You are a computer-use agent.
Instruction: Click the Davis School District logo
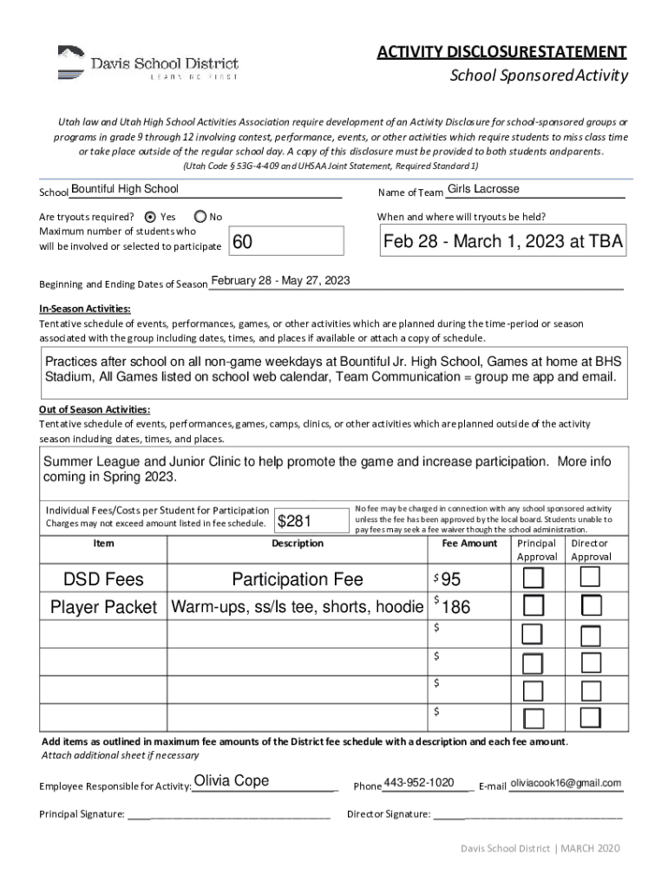coord(147,62)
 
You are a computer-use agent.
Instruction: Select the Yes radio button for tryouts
coord(150,217)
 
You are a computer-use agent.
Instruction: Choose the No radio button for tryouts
coord(200,217)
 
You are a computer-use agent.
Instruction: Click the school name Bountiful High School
coord(125,189)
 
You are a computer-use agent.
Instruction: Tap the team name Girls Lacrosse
coord(483,189)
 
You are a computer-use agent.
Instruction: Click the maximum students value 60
coord(244,243)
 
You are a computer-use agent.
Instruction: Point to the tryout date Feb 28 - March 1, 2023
coord(502,242)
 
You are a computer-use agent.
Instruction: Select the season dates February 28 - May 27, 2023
coord(280,280)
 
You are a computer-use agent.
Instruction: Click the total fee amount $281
coord(295,520)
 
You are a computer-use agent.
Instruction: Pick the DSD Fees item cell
coord(103,579)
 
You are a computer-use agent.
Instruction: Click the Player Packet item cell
coord(103,607)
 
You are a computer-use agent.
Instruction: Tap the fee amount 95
coord(451,579)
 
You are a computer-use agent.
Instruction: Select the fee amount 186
coord(456,608)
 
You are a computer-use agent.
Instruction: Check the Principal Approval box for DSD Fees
coord(534,578)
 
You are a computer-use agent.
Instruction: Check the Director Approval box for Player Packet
coord(591,606)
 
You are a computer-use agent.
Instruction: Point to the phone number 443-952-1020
coord(419,783)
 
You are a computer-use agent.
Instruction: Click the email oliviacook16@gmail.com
coord(566,783)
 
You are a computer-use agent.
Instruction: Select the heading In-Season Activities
coord(85,309)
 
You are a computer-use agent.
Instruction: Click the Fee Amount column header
coord(469,543)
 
